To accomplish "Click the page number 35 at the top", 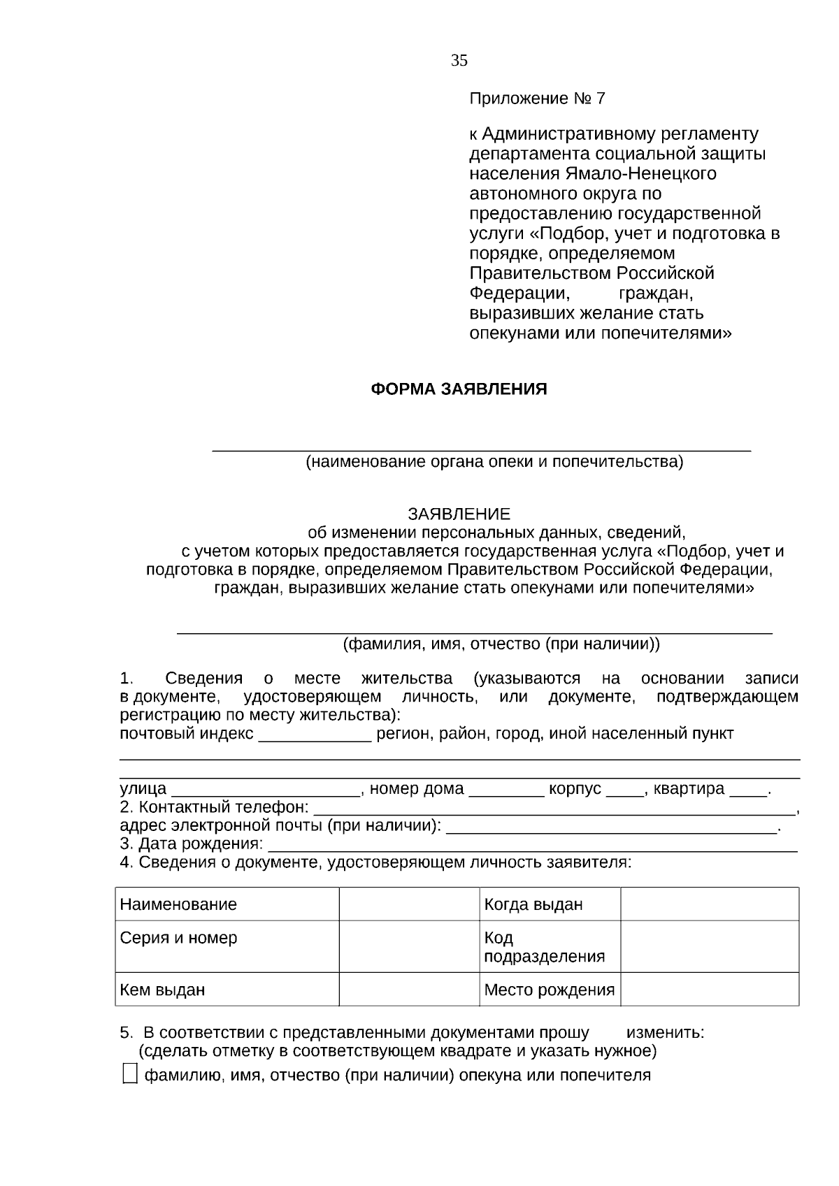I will click(459, 61).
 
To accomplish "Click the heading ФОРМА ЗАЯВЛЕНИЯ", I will click(459, 389).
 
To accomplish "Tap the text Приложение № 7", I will click(536, 99).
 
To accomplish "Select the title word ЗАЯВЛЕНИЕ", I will click(459, 514).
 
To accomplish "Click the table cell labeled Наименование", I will click(227, 904).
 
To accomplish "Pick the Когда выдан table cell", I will click(550, 904).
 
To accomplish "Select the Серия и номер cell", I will click(227, 946).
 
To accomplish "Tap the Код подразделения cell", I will click(550, 946).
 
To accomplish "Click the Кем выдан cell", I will click(227, 990).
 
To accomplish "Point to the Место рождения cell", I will click(550, 990).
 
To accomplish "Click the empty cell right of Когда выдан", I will click(709, 904).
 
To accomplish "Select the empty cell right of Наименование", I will click(409, 904).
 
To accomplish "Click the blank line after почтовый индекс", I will click(315, 737).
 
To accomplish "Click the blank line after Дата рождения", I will click(531, 846).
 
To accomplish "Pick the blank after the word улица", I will click(265, 791).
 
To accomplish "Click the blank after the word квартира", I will click(747, 791).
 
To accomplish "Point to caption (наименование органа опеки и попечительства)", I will click(494, 462).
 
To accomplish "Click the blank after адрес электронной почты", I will click(611, 828).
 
